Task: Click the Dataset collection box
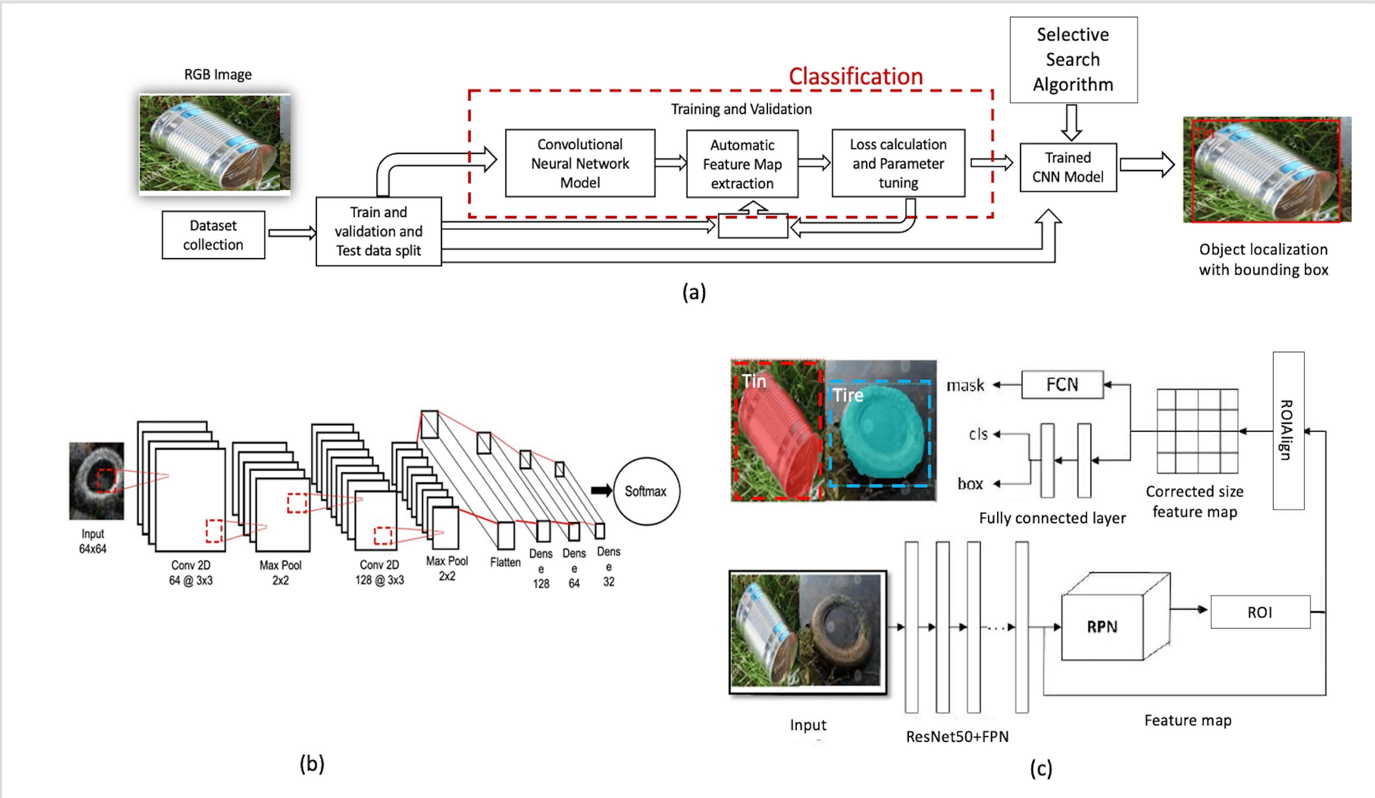point(213,235)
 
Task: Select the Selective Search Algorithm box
point(1073,60)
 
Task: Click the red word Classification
point(856,77)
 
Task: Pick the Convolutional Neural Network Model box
point(580,163)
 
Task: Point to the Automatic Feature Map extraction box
point(742,164)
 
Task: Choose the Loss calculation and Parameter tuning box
point(898,163)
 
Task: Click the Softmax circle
point(646,491)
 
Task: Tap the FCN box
point(1062,384)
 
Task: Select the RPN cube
point(1102,626)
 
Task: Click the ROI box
point(1260,612)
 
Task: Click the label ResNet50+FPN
point(957,736)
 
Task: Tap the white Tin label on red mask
point(754,381)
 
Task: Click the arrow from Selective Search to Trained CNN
point(1072,122)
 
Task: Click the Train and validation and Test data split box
point(378,231)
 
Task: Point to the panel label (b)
point(312,764)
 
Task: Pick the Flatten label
point(505,562)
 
